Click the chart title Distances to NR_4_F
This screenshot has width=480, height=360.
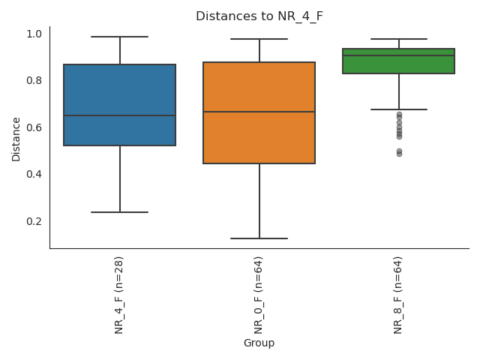point(259,16)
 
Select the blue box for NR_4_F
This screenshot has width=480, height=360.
point(120,90)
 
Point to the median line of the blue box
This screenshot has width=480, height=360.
point(120,115)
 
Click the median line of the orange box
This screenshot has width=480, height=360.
point(259,112)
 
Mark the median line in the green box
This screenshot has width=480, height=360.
point(399,55)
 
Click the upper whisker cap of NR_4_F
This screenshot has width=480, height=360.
point(120,37)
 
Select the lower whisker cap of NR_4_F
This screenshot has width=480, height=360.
point(120,212)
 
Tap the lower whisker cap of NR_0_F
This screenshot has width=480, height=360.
point(259,238)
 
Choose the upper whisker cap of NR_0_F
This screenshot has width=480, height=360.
point(259,39)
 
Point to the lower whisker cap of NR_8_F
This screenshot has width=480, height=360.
point(399,109)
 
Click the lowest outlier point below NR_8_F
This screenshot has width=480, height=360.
point(399,154)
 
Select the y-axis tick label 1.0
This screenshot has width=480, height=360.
point(34,34)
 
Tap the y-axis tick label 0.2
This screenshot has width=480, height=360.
point(34,221)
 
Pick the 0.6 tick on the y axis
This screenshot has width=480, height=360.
point(34,127)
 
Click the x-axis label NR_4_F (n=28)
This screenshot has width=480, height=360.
point(119,294)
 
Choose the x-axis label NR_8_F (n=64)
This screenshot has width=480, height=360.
point(398,294)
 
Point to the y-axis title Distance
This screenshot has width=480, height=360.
point(16,139)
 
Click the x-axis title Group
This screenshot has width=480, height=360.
point(259,343)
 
